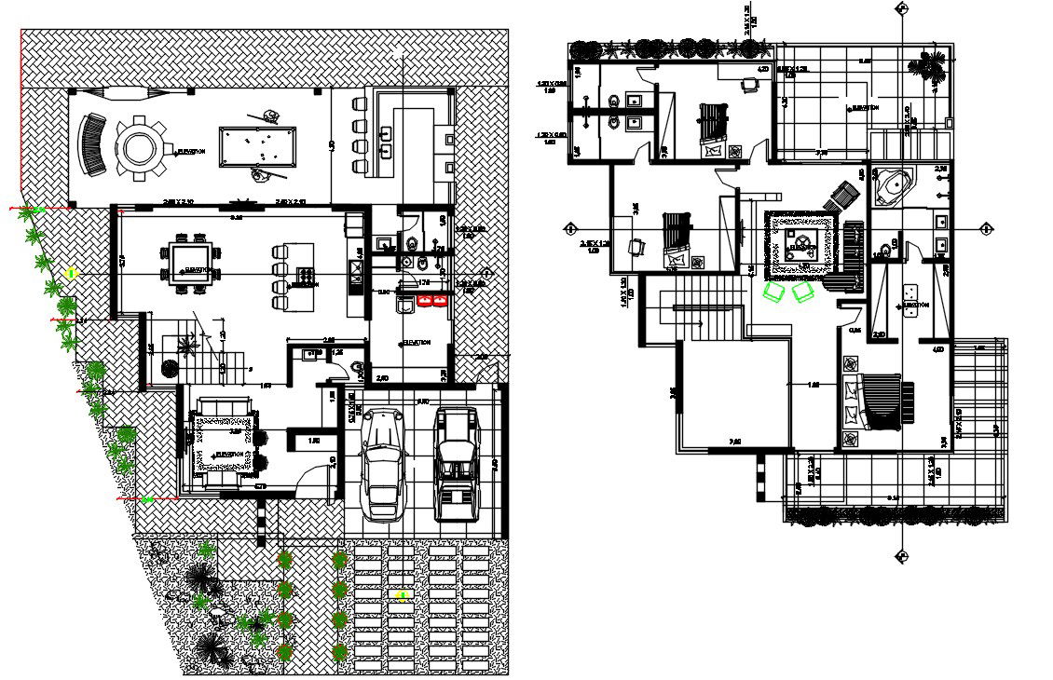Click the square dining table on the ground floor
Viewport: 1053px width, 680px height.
click(190, 261)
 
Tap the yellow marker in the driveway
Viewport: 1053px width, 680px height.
click(403, 595)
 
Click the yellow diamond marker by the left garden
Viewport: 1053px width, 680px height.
click(71, 274)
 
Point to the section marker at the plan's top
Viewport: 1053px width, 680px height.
click(901, 8)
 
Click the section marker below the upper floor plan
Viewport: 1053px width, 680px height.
click(901, 557)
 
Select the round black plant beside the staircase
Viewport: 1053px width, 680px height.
click(169, 368)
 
